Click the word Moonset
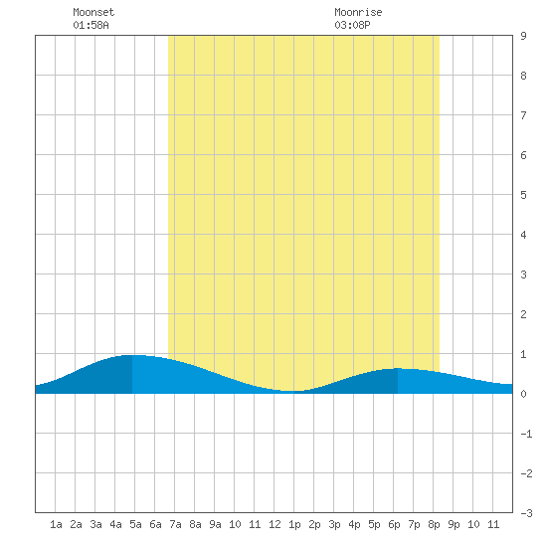tap(93, 12)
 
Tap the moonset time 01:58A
tap(91, 25)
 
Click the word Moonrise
tap(358, 12)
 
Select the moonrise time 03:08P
tap(352, 25)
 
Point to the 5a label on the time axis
tap(135, 524)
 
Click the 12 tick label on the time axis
tap(274, 524)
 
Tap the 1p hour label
tap(294, 524)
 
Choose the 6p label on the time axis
tap(394, 524)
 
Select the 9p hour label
tap(454, 524)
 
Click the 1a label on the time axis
tap(56, 524)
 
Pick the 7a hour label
tap(175, 524)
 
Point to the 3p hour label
tap(334, 524)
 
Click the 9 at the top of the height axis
tap(523, 36)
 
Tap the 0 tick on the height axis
tap(523, 394)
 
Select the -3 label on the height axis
tap(526, 513)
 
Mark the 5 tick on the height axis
tap(523, 195)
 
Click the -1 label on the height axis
tap(526, 434)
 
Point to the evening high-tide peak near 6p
tap(398, 368)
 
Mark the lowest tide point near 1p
tap(291, 392)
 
